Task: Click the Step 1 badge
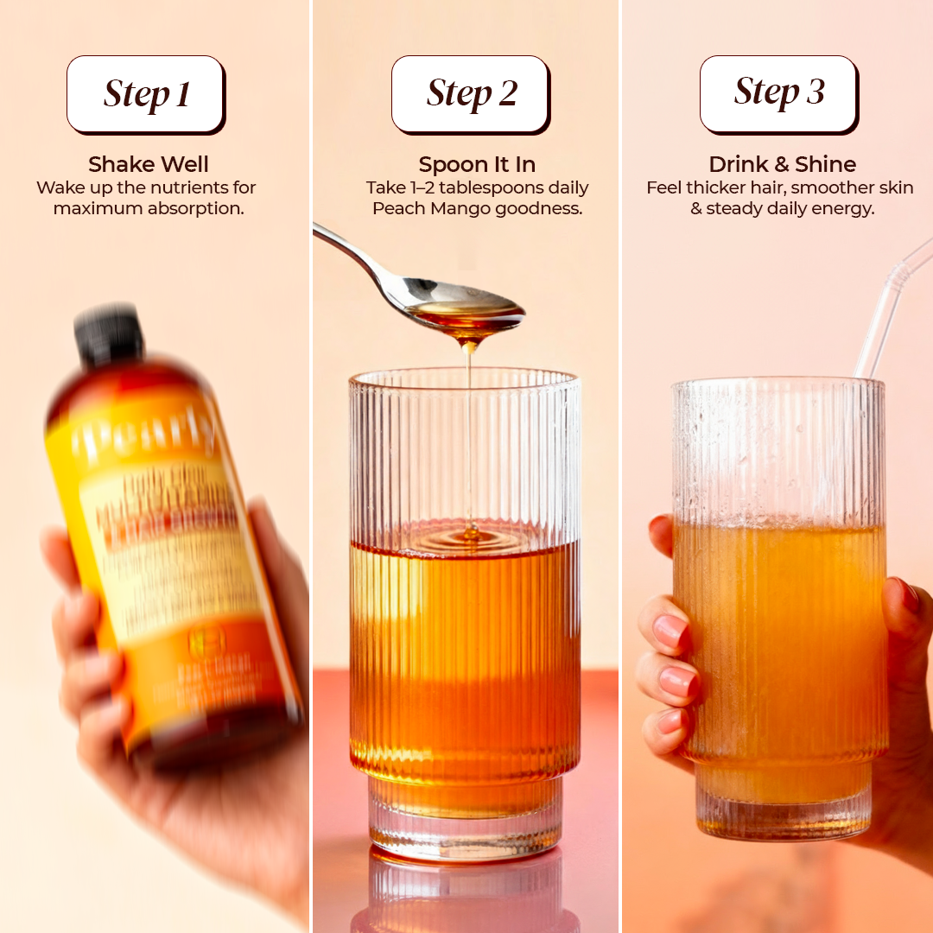pyautogui.click(x=146, y=94)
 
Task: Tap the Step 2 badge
pyautogui.click(x=471, y=93)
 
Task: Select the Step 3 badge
pyautogui.click(x=778, y=92)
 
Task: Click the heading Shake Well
pyautogui.click(x=149, y=164)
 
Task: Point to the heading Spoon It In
pyautogui.click(x=477, y=164)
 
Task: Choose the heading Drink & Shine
pyautogui.click(x=782, y=164)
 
